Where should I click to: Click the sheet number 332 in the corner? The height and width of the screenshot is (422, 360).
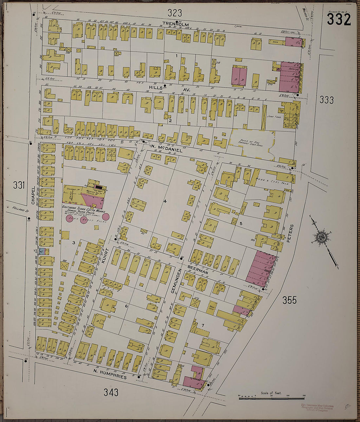(x=338, y=20)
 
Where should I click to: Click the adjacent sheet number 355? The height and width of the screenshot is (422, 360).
(x=289, y=300)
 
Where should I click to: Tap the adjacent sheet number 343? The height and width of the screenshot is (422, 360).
(x=111, y=392)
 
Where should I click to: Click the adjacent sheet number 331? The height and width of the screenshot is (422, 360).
(x=19, y=185)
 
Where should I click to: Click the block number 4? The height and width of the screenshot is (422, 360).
(x=165, y=201)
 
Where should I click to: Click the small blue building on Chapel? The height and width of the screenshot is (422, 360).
(x=42, y=251)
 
